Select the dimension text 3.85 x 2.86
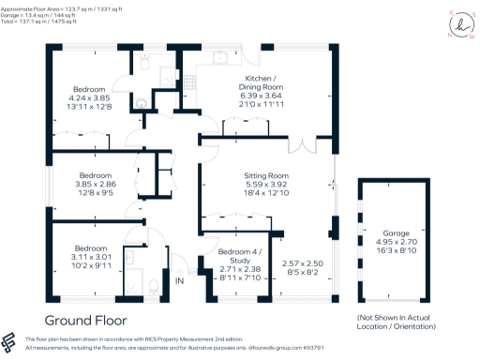coord(96,185)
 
